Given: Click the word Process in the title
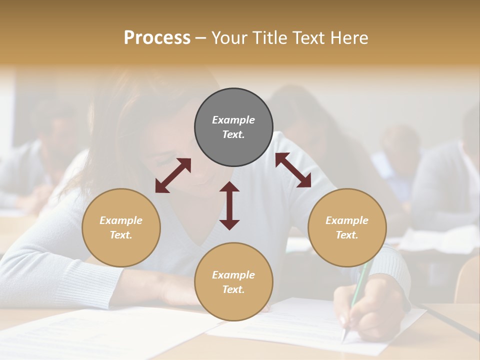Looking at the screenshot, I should click(157, 38).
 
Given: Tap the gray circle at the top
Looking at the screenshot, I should click(233, 127).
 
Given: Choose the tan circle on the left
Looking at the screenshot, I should click(121, 227).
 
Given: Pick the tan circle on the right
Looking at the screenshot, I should click(347, 227).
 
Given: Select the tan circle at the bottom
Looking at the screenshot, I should click(233, 281).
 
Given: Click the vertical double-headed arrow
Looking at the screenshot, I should click(229, 205).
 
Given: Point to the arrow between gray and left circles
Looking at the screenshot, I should click(173, 175).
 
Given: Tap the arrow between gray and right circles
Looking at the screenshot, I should click(293, 170).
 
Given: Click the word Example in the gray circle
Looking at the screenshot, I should click(233, 120).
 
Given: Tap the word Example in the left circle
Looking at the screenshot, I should click(121, 220).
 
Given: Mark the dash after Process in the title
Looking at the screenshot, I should click(200, 38).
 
